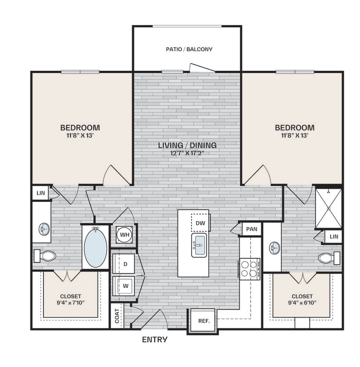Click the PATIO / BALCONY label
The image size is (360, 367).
pos(189,49)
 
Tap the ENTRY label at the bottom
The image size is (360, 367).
pos(155,340)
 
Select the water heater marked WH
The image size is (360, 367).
pos(124,235)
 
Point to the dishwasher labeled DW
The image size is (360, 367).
pos(200,223)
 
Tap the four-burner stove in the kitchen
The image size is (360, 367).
pos(249,268)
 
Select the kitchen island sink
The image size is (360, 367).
pos(199,245)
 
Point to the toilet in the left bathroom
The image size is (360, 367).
pos(45,256)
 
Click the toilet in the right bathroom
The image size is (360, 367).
pos(328,258)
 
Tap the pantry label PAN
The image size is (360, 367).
pos(251,229)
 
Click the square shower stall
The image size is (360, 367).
pos(328,208)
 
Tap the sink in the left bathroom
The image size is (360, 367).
pos(43,228)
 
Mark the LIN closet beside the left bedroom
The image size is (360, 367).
pos(40,193)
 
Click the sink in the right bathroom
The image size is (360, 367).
pos(274,248)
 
